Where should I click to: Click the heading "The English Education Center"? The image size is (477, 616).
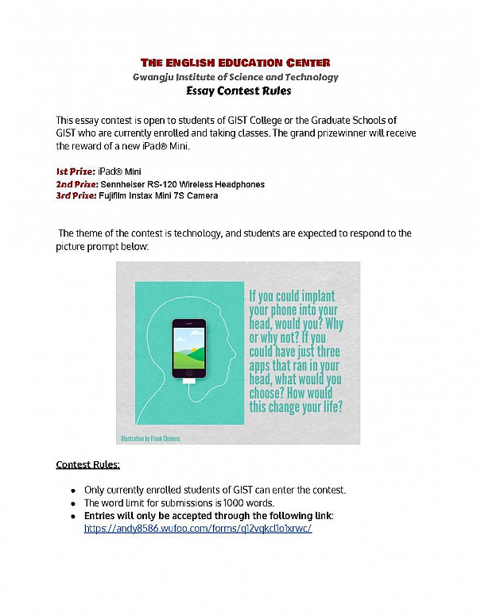235,63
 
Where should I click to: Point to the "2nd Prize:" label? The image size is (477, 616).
76,183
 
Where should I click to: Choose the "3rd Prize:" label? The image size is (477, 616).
76,195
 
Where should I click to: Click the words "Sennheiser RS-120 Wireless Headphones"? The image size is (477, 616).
182,183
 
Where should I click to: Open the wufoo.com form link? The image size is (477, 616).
198,527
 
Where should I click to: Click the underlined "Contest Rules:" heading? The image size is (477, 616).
87,464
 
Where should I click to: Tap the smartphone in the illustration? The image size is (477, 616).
188,348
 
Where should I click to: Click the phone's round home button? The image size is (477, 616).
188,372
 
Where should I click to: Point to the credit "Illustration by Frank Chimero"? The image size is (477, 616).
152,437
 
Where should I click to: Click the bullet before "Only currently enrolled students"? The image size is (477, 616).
73,489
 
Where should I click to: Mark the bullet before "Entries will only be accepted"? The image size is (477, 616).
73,515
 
